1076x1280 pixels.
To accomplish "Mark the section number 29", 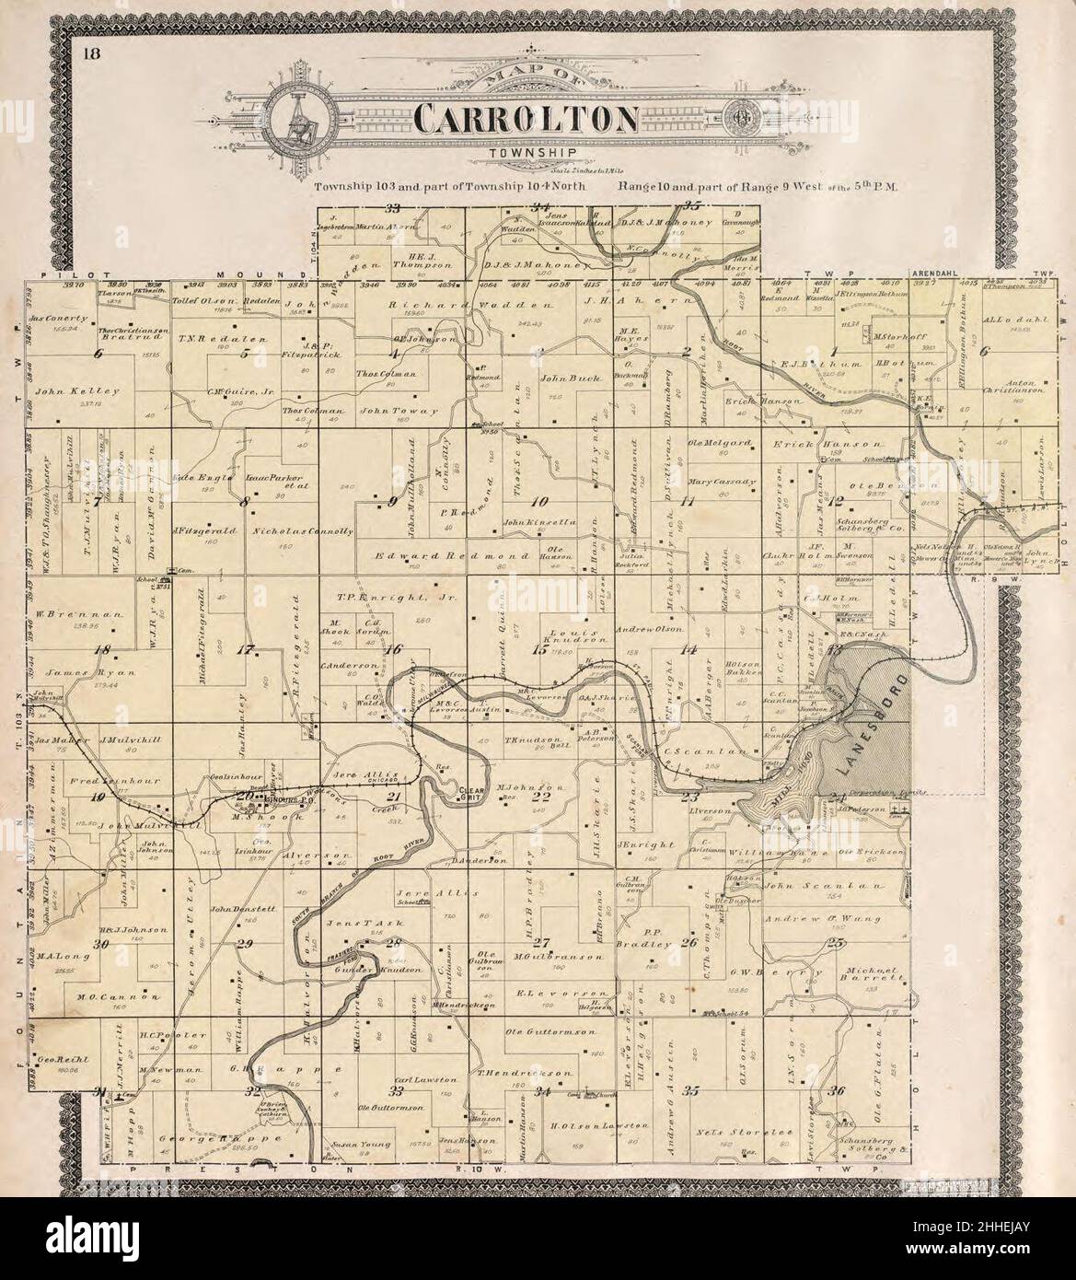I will pyautogui.click(x=245, y=944).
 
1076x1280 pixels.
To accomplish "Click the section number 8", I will pyautogui.click(x=244, y=503).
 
